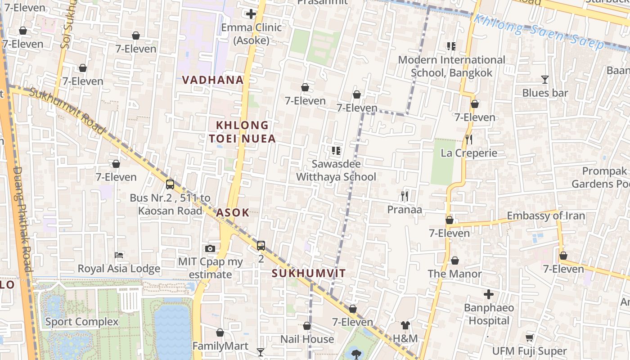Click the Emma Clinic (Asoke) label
(x=251, y=34)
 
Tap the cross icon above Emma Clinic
(x=251, y=14)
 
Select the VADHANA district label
(x=212, y=80)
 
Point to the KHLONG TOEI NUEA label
(x=242, y=132)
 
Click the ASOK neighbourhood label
(x=233, y=213)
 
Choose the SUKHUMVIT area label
(x=309, y=273)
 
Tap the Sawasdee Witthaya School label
(x=336, y=170)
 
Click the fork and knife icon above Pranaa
(x=405, y=196)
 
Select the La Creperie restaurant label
(x=469, y=153)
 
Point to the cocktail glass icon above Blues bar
(x=545, y=80)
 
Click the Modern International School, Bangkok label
(x=451, y=66)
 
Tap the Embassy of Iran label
(x=546, y=216)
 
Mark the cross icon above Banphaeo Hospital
(x=489, y=295)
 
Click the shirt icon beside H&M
(x=405, y=325)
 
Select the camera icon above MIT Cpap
(x=210, y=248)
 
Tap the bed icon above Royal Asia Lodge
(x=119, y=255)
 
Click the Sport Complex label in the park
(x=82, y=322)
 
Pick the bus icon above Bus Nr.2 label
(x=170, y=184)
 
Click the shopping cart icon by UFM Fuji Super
(x=529, y=337)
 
